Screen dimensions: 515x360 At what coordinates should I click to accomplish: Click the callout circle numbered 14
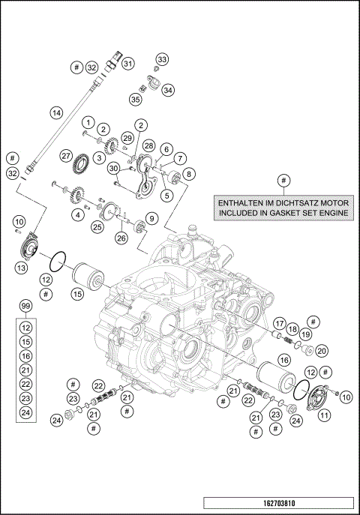55,113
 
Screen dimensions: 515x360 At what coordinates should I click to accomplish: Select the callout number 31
128,64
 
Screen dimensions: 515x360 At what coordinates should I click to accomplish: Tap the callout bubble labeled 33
163,59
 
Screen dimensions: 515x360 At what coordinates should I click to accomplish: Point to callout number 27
67,156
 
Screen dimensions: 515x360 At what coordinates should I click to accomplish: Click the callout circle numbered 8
188,173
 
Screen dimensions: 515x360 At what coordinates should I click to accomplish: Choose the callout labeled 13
22,266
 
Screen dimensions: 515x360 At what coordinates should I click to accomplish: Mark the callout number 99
25,307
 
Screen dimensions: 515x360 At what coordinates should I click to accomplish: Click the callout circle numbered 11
325,415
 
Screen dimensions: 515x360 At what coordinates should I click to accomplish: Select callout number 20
321,350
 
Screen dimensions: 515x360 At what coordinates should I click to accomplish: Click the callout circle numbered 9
151,218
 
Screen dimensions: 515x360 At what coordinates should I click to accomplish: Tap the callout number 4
77,214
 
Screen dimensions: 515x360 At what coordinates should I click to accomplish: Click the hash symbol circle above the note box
283,180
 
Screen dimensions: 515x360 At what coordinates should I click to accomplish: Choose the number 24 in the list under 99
25,412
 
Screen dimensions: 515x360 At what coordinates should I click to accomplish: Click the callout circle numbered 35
136,98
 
